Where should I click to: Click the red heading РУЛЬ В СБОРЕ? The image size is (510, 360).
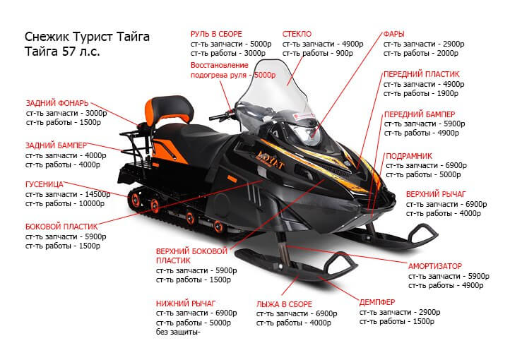pos(216,34)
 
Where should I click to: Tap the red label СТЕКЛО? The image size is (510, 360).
pos(297,34)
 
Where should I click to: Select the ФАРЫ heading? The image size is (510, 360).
pos(394,34)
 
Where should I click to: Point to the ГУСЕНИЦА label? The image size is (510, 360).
pos(45,184)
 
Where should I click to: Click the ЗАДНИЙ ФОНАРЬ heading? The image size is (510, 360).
pos(57,103)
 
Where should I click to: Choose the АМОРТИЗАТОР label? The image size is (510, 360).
pos(435,266)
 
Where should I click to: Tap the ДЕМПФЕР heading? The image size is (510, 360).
pos(377,302)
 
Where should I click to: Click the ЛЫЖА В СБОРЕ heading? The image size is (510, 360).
pos(284,304)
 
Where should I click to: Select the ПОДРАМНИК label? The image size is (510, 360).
pos(409,156)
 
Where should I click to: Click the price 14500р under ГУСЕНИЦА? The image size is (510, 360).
pos(97,194)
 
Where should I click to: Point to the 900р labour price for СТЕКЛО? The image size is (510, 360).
pos(344,53)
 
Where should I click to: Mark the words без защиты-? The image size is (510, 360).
pos(178,332)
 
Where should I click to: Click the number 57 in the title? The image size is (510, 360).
pos(69,52)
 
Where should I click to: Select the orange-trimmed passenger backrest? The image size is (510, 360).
pos(169,109)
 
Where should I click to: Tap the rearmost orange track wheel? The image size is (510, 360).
pos(135,200)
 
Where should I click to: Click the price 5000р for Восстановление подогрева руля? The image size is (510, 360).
pos(265,75)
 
